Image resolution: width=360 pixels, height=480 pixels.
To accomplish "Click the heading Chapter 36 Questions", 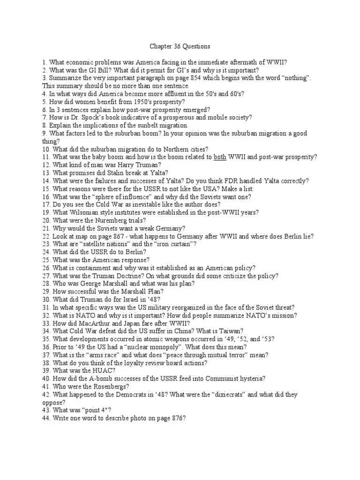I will [x=180, y=46].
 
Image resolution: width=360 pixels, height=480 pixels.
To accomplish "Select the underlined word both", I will [x=220, y=157].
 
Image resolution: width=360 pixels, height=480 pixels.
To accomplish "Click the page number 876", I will [x=172, y=418].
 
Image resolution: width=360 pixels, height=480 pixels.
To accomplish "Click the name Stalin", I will [x=110, y=172].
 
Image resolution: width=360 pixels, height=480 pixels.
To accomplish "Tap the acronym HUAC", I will [x=105, y=370].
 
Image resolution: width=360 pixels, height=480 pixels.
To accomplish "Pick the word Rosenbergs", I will [x=105, y=386].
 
